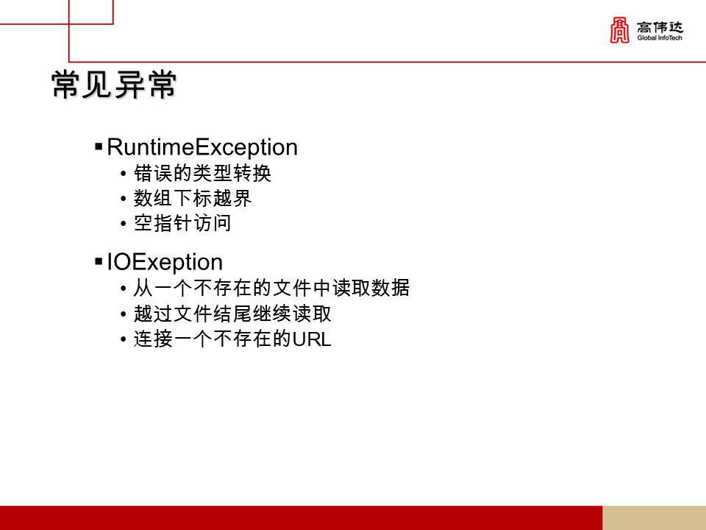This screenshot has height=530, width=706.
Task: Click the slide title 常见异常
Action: click(x=114, y=86)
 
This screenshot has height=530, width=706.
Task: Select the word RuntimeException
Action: click(x=202, y=147)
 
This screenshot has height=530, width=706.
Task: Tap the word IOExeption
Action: click(x=165, y=262)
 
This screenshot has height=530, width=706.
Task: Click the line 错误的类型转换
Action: click(x=203, y=174)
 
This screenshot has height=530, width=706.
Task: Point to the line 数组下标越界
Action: click(x=193, y=199)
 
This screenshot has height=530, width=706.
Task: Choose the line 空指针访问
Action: click(x=182, y=223)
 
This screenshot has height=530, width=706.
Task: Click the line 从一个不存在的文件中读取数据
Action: click(x=271, y=288)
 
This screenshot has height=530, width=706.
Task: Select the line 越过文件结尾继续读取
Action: click(x=232, y=314)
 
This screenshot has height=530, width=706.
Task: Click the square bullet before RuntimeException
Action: click(x=99, y=147)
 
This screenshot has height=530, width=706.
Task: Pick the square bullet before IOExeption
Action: click(x=99, y=262)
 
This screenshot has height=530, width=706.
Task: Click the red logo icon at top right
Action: click(x=620, y=30)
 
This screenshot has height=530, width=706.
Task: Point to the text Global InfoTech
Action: click(x=660, y=38)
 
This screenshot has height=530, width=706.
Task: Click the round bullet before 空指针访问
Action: click(x=123, y=224)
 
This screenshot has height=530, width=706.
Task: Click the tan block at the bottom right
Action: click(x=654, y=517)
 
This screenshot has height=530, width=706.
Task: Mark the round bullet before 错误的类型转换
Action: click(x=123, y=175)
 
